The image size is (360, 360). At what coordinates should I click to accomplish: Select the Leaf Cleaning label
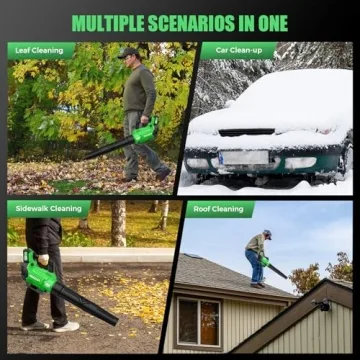[x=41, y=50]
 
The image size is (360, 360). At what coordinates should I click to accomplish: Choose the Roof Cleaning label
[x=219, y=209]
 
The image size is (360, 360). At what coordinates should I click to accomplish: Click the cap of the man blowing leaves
[x=127, y=53]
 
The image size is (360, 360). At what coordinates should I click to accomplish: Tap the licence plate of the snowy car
[x=244, y=157]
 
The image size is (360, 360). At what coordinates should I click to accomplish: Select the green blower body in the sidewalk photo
[x=38, y=271]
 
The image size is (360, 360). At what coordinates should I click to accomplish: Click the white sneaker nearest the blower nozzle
[x=66, y=325]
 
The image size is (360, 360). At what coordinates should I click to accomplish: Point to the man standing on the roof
[x=257, y=257]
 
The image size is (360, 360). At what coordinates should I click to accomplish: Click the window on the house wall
[x=199, y=321]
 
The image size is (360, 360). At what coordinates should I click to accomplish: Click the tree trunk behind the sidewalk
[x=119, y=222]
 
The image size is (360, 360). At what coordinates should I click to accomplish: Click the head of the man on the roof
[x=266, y=235]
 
